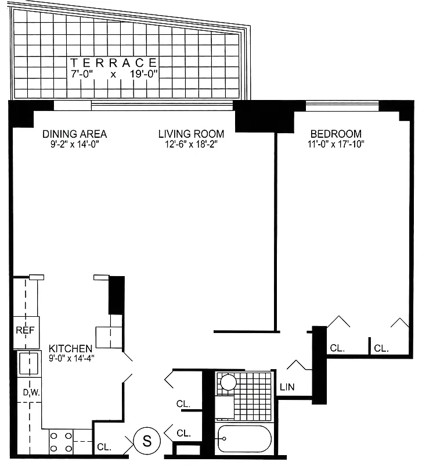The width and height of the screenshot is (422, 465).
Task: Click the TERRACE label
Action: tap(114, 62)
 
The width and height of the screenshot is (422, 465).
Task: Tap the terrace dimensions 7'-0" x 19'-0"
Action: tap(114, 74)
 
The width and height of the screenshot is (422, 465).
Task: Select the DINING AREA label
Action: tap(74, 134)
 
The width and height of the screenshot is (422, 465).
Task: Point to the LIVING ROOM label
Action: tap(191, 134)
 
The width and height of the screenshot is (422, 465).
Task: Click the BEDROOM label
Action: tap(336, 133)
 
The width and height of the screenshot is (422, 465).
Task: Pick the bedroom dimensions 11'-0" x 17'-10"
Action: tap(336, 145)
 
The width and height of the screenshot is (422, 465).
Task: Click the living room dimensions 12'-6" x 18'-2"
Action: tap(191, 145)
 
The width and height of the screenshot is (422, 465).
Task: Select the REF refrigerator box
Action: tap(25, 331)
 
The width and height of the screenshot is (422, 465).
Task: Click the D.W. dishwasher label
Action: tap(30, 394)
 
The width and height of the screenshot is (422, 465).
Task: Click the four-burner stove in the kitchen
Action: tap(60, 441)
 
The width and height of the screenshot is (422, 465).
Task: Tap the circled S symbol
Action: tap(146, 441)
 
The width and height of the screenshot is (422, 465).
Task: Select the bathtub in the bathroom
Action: tap(244, 440)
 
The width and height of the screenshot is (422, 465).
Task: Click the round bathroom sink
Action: tap(228, 382)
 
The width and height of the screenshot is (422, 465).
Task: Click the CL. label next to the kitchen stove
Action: tap(104, 447)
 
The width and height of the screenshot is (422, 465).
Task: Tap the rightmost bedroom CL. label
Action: tap(381, 348)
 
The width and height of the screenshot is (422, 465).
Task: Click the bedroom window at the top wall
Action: tap(342, 106)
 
